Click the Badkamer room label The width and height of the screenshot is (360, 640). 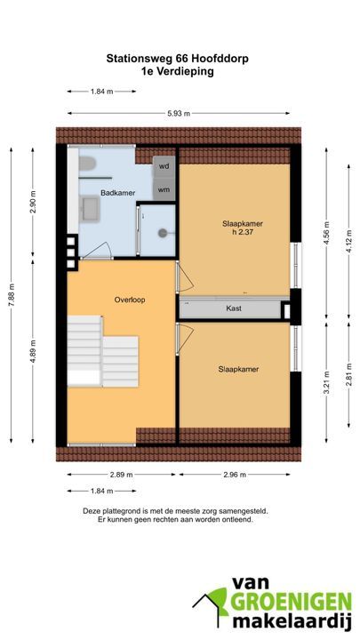point(118,193)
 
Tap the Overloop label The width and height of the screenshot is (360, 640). point(130,300)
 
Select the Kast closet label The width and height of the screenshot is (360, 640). point(234,308)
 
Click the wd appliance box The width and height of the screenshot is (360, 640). point(164,167)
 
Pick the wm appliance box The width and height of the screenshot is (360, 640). point(164,189)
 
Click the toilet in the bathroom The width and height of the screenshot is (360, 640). point(87,164)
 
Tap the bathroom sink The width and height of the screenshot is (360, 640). point(90,209)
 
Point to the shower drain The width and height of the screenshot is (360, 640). point(163,233)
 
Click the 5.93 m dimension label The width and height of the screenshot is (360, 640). point(179,114)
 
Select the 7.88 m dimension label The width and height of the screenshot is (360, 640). point(12,296)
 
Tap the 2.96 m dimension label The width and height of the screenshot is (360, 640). point(235,475)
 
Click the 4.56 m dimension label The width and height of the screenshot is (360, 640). point(326,233)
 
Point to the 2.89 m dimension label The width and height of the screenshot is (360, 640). point(121,475)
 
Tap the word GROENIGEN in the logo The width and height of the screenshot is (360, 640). point(291,603)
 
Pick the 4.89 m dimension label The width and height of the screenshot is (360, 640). point(34,352)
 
